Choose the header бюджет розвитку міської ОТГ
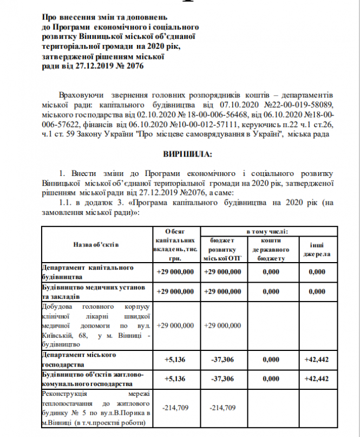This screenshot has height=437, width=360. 223,249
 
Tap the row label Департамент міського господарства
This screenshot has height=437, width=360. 81,358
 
